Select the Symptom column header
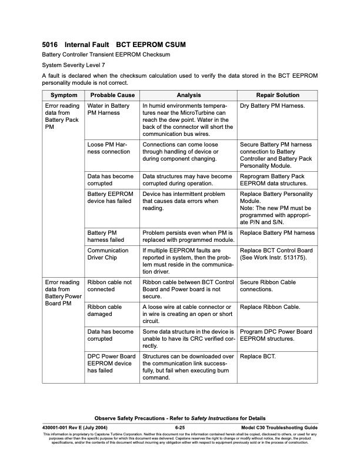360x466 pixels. click(x=63, y=95)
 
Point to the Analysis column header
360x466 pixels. click(x=188, y=95)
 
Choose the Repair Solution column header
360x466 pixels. click(x=277, y=95)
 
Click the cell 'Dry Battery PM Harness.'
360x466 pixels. click(x=272, y=106)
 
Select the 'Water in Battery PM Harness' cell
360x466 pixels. click(x=108, y=109)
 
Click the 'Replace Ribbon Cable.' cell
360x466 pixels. click(x=271, y=307)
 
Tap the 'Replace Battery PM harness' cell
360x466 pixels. click(x=278, y=233)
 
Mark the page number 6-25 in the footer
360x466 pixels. click(x=180, y=427)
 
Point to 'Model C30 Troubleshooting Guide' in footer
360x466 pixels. click(x=279, y=427)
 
